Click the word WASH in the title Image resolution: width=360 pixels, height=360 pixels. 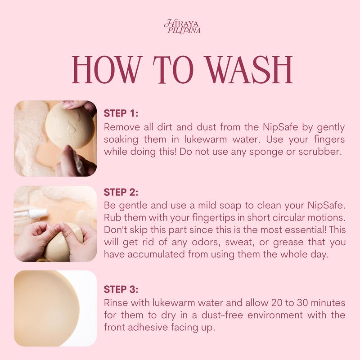pyautogui.click(x=249, y=70)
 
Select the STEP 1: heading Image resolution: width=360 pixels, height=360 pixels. pyautogui.click(x=121, y=113)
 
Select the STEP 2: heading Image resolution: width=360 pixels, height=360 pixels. pyautogui.click(x=121, y=193)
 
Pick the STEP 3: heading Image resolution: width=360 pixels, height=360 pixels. pyautogui.click(x=121, y=289)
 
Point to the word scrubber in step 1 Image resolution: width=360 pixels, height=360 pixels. pyautogui.click(x=320, y=152)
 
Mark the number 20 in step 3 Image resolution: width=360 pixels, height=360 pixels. pyautogui.click(x=277, y=303)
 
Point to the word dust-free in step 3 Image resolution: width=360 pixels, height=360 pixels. pyautogui.click(x=222, y=315)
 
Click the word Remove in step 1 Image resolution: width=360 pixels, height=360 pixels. pyautogui.click(x=121, y=127)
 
